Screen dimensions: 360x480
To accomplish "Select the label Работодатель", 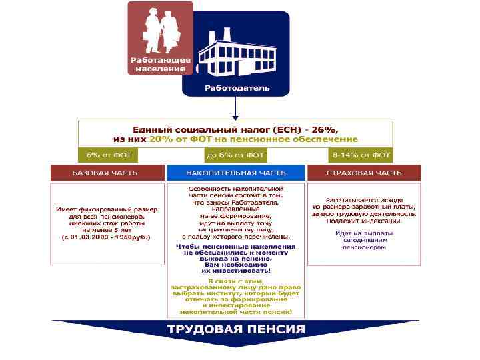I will (x=237, y=87).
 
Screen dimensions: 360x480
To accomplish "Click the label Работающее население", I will (x=160, y=64).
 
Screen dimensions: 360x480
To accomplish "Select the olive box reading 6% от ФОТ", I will (x=109, y=155).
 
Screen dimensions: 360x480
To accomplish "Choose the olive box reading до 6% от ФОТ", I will (x=235, y=155).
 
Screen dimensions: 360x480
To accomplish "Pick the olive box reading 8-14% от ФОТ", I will (x=361, y=155).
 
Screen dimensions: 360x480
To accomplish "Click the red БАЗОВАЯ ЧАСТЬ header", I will (x=107, y=173).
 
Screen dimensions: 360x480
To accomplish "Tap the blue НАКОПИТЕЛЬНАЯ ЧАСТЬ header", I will (x=235, y=173).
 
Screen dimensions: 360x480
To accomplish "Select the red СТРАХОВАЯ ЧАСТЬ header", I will (x=364, y=173).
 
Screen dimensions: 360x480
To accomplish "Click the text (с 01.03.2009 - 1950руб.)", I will (x=106, y=237).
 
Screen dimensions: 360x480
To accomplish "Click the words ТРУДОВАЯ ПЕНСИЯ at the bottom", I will (x=236, y=329).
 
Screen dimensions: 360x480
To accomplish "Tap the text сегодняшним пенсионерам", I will (x=364, y=243).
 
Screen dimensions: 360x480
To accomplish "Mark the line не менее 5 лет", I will (x=107, y=229).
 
